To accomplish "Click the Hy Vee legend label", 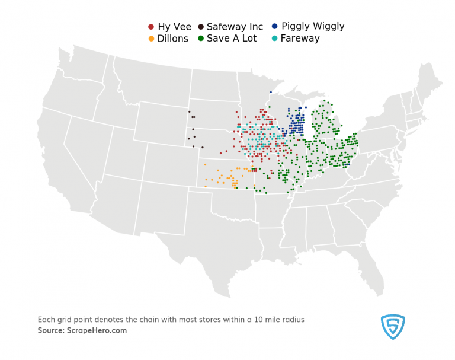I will (174, 27).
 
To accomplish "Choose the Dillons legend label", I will (172, 39).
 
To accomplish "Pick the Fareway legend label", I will (300, 39).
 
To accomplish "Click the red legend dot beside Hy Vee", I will (151, 27).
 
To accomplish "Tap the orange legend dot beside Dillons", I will (151, 39).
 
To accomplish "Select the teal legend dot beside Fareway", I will (274, 39).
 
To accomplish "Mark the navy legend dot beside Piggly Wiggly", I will (275, 27).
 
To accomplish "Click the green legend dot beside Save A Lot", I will (201, 39).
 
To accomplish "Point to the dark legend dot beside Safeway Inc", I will (201, 27).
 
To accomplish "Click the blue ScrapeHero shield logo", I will (393, 327).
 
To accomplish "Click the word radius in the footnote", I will (308, 320).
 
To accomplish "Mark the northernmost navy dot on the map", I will (271, 92).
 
